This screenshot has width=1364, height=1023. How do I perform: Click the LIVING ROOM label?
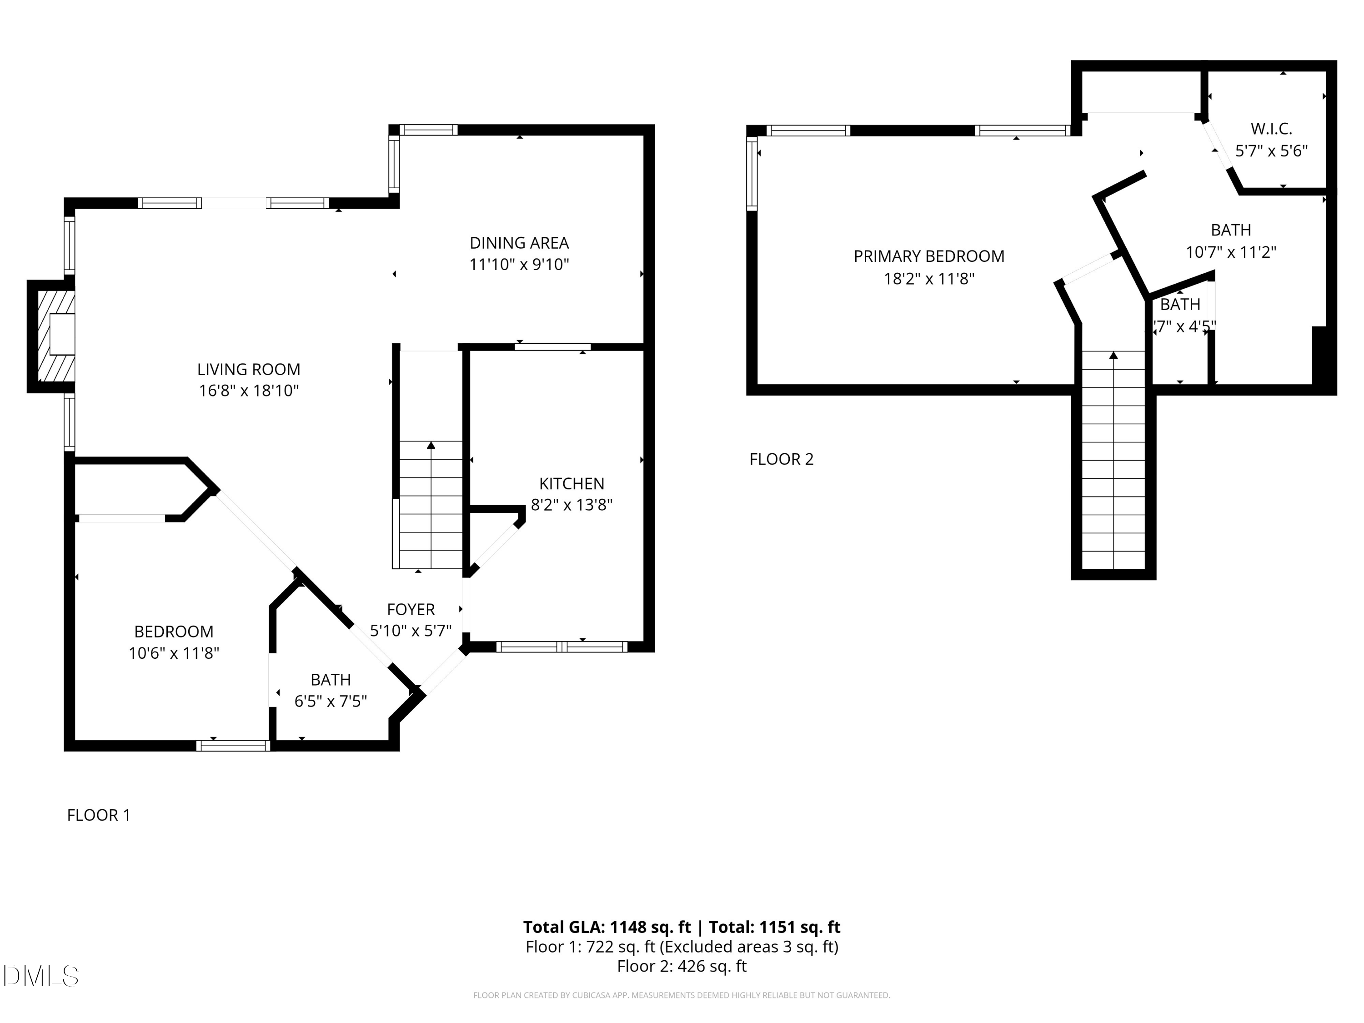(x=249, y=369)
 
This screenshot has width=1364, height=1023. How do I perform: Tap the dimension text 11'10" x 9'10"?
(x=519, y=265)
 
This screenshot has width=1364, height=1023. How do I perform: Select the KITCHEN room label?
(x=572, y=483)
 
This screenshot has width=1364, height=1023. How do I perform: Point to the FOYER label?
(x=411, y=609)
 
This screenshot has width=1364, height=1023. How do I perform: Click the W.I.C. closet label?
(x=1271, y=129)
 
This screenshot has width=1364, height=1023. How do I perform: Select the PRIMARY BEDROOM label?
(x=928, y=256)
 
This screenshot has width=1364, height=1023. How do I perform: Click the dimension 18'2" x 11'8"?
(x=928, y=279)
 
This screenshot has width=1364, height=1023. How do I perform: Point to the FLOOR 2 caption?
(x=781, y=459)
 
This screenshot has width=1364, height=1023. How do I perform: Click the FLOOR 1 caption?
(x=99, y=815)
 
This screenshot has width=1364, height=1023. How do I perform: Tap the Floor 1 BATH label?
(x=331, y=680)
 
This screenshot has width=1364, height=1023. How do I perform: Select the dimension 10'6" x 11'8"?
(x=174, y=653)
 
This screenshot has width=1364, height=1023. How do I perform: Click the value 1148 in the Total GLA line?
(x=628, y=927)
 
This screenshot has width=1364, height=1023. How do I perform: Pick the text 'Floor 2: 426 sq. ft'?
(x=682, y=966)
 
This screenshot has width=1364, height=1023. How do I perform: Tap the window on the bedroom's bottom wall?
(x=233, y=746)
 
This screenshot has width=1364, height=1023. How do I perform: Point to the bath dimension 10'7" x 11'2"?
(x=1231, y=252)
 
